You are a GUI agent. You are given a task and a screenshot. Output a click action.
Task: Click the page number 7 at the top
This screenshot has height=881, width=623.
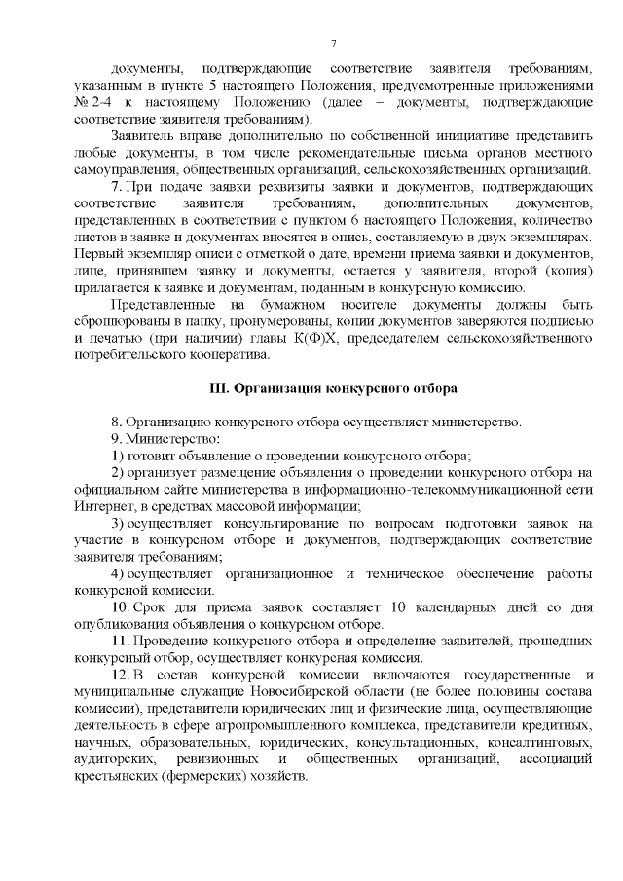[x=333, y=44]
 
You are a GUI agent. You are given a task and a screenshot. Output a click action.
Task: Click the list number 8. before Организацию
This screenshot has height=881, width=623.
[x=116, y=422]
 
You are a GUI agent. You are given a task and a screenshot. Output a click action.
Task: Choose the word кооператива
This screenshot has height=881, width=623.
[x=209, y=355]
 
